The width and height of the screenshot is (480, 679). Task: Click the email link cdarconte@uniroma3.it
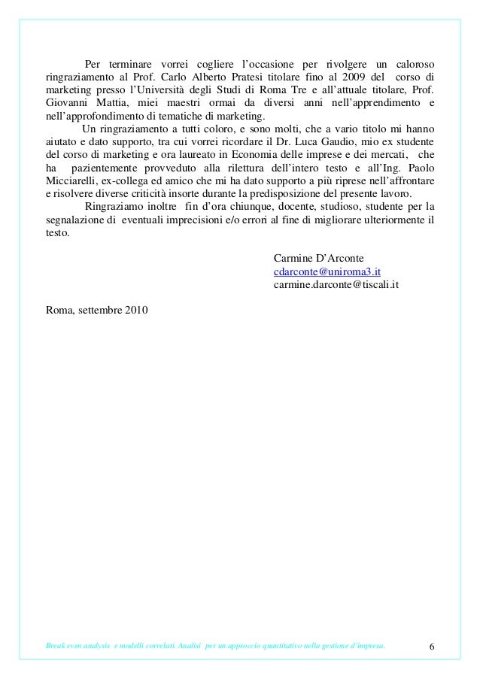(x=326, y=271)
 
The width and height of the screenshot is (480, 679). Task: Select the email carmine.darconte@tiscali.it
(x=336, y=285)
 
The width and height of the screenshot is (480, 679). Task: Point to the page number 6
(x=432, y=647)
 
